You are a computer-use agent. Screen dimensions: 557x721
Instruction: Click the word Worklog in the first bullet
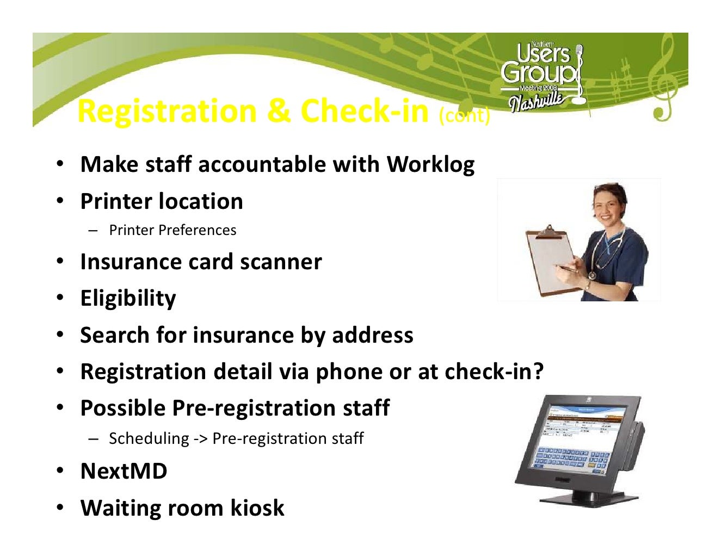(x=430, y=165)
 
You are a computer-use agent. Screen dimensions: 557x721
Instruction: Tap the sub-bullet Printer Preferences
(x=172, y=230)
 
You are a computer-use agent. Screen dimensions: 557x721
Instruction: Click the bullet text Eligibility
(x=128, y=299)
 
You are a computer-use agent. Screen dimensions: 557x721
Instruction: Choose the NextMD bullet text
(x=124, y=471)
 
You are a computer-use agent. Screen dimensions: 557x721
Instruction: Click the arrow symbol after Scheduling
(x=200, y=438)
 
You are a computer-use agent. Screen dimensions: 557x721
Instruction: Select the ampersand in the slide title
(x=279, y=111)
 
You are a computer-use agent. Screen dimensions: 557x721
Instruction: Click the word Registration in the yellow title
(x=167, y=111)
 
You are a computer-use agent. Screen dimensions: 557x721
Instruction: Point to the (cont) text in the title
(x=464, y=115)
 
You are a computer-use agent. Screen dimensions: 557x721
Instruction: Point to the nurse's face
(x=609, y=207)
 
